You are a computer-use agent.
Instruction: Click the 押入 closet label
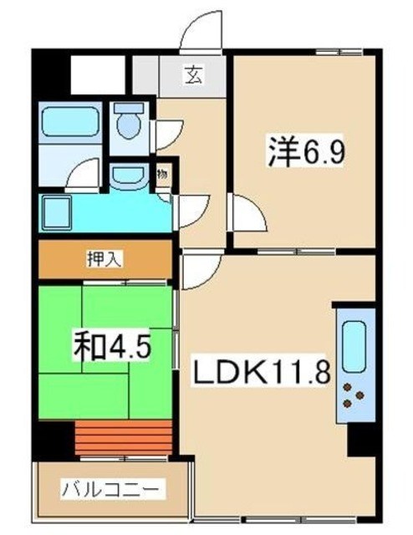click(105, 259)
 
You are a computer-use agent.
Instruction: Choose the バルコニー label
click(102, 488)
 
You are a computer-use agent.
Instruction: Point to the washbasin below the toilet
click(128, 175)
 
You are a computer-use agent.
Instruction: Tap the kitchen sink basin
click(354, 344)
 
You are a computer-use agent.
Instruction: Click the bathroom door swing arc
click(84, 176)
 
